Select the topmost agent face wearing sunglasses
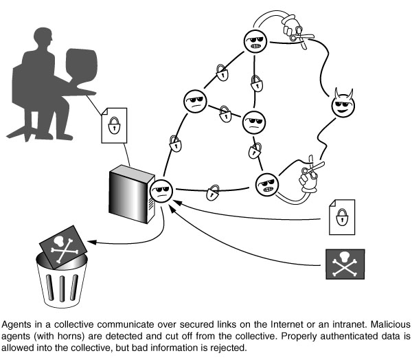click(255, 43)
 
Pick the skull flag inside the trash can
click(62, 247)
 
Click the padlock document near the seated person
click(114, 124)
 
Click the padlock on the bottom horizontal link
click(214, 189)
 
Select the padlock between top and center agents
click(255, 82)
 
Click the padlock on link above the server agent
click(175, 144)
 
